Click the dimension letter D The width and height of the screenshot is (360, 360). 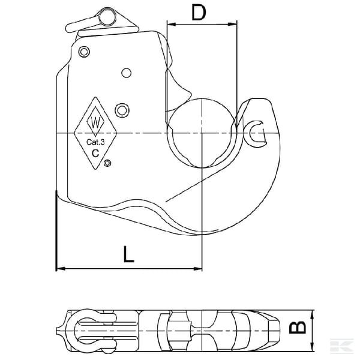click(199, 13)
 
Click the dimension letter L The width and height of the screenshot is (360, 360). click(128, 254)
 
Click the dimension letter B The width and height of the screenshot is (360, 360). click(298, 327)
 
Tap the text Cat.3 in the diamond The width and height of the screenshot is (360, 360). click(95, 142)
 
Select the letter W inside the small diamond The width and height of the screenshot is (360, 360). click(95, 122)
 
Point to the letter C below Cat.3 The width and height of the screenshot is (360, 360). click(95, 153)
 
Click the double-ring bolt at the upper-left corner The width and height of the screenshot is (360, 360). click(84, 52)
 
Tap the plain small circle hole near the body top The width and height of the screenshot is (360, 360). click(126, 73)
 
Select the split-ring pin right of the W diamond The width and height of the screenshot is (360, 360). click(122, 110)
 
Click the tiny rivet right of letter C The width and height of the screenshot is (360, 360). click(107, 163)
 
